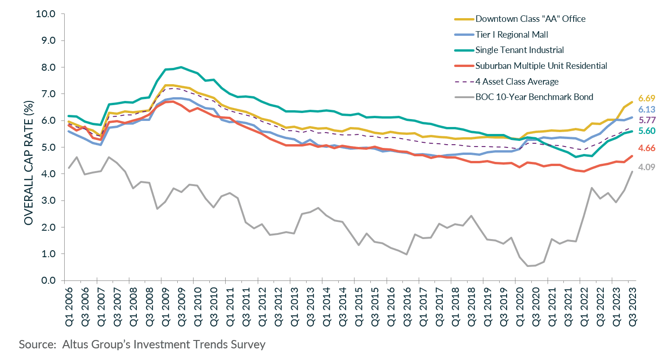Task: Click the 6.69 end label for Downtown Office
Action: coord(647,99)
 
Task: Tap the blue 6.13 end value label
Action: coord(647,109)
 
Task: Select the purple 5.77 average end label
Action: coord(647,120)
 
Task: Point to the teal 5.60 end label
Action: coord(647,131)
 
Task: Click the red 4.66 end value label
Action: coord(647,148)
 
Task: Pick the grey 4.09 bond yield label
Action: coord(647,167)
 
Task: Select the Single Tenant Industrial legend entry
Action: coord(519,50)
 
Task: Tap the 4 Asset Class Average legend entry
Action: coord(516,81)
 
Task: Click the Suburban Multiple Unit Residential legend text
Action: coord(541,66)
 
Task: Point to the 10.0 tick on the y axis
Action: coord(46,14)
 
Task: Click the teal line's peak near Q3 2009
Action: coord(181,67)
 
